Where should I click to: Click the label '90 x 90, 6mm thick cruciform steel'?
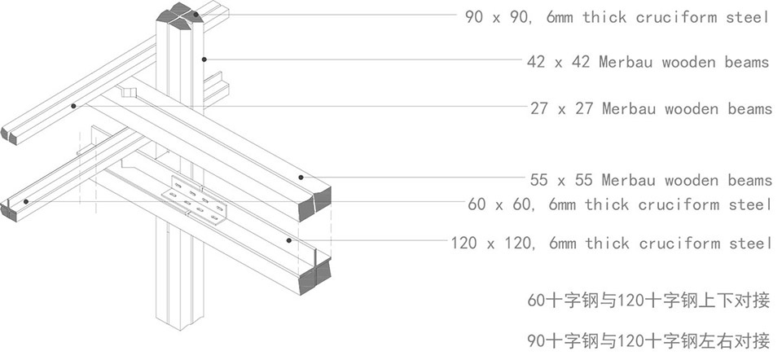coord(617,17)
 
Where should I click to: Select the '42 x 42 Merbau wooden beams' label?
coord(648,62)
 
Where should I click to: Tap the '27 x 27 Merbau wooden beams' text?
coord(651,108)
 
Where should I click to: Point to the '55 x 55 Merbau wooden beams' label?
coord(651,179)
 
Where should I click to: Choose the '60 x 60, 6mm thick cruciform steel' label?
coord(619,204)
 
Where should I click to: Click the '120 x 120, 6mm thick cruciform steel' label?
coord(611,243)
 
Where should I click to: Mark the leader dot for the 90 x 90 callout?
coord(196,15)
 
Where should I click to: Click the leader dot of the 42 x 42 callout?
coord(204,59)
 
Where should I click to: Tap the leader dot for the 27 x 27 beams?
coord(73,106)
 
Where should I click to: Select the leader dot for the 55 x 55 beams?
coord(301,177)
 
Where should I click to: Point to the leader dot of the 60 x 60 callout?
coord(26,201)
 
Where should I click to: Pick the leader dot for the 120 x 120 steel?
coord(288,240)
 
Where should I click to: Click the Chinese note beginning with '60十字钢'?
coord(649,301)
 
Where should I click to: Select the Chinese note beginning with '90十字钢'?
coord(649,341)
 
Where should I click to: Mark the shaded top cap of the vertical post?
coord(179,15)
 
